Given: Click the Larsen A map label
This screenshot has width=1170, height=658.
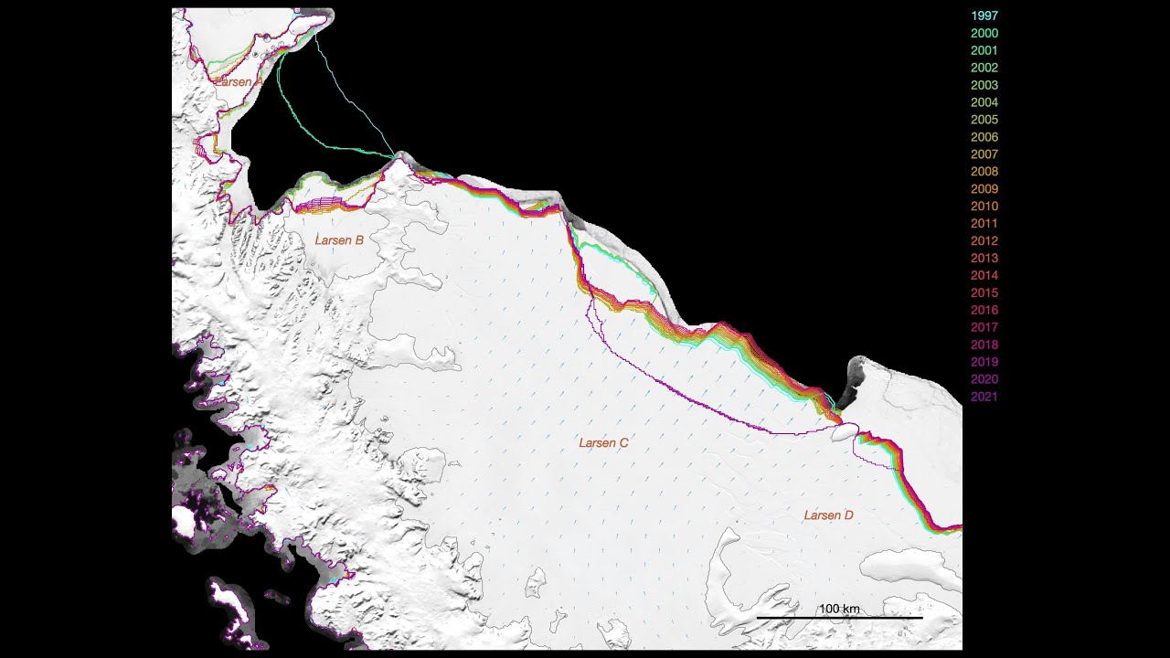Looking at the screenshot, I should pyautogui.click(x=239, y=81).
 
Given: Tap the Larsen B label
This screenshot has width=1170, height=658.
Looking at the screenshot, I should pyautogui.click(x=339, y=240).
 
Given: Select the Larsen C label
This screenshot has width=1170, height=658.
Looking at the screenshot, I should pyautogui.click(x=603, y=443).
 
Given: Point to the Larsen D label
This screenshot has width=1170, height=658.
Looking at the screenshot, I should pyautogui.click(x=828, y=515).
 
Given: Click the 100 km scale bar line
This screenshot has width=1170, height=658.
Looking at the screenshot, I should pyautogui.click(x=839, y=619).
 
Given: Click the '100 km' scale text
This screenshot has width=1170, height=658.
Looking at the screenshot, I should pyautogui.click(x=838, y=609).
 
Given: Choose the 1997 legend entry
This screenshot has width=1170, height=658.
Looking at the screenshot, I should pyautogui.click(x=984, y=16).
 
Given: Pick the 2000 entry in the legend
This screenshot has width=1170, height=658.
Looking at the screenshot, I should pyautogui.click(x=984, y=33).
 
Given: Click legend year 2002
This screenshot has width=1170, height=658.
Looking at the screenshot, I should pyautogui.click(x=984, y=68).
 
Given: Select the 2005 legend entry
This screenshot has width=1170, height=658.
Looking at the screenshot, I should pyautogui.click(x=984, y=120).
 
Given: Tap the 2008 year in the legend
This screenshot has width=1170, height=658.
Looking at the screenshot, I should pyautogui.click(x=984, y=172).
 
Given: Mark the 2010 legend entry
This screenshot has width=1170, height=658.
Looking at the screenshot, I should pyautogui.click(x=984, y=207).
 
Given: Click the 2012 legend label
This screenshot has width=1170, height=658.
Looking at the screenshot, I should pyautogui.click(x=984, y=241).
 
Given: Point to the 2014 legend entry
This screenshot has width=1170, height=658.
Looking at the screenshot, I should pyautogui.click(x=984, y=276).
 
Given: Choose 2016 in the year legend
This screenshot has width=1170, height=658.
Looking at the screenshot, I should pyautogui.click(x=984, y=311).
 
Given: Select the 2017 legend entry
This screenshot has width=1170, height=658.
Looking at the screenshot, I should pyautogui.click(x=984, y=327).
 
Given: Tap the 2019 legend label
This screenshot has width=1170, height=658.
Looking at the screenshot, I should pyautogui.click(x=984, y=362).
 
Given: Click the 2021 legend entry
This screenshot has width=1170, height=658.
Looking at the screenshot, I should pyautogui.click(x=984, y=397).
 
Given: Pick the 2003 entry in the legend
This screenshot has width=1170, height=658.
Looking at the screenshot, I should pyautogui.click(x=984, y=85).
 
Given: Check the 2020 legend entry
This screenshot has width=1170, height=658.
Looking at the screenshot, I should pyautogui.click(x=984, y=379).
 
